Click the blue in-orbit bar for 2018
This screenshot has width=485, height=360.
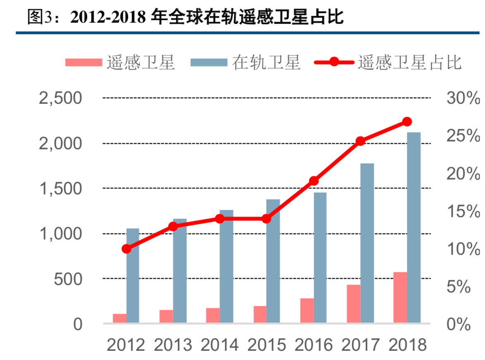[x=413, y=227]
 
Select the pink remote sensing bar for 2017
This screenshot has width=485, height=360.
[x=353, y=303]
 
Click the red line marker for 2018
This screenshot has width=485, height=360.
[x=407, y=122]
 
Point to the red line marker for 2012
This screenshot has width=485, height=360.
[x=127, y=249]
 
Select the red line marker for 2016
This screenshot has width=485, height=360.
[x=314, y=181]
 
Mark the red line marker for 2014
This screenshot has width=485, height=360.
[x=220, y=219]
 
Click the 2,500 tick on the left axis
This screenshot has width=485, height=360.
[x=60, y=98]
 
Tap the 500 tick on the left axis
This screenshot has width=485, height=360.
[x=68, y=279]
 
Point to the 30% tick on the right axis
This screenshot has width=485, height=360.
[x=463, y=98]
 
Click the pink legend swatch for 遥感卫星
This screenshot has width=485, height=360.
[x=83, y=62]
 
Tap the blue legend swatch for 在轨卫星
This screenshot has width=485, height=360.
[x=209, y=62]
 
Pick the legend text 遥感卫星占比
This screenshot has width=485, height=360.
[x=410, y=62]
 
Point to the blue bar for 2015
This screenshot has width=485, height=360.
[x=273, y=261]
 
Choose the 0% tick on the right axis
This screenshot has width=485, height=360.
[x=459, y=324]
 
